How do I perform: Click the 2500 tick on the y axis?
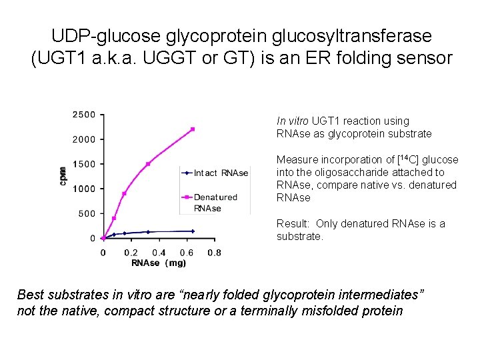[x=83, y=115]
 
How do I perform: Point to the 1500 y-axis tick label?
[x=83, y=164]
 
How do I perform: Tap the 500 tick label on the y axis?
[x=86, y=214]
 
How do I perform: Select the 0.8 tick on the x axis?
[x=214, y=253]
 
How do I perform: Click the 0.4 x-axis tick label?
[x=158, y=253]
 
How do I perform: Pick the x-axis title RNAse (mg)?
[x=159, y=263]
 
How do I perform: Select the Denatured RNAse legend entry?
[x=215, y=202]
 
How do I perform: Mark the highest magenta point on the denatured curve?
[x=193, y=129]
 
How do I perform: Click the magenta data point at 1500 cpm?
[x=148, y=163]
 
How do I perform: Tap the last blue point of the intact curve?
[x=193, y=231]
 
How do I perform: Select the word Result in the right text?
[x=293, y=224]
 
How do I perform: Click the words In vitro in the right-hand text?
[x=291, y=121]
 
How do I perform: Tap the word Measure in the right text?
[x=296, y=160]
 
